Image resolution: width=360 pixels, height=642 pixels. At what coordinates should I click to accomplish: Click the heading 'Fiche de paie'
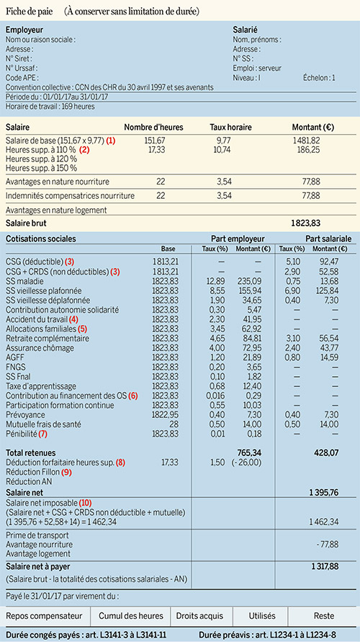pos(30,12)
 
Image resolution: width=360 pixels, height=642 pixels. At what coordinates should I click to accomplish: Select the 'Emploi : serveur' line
pos(257,68)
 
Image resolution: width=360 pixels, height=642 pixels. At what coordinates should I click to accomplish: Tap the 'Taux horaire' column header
pos(230,128)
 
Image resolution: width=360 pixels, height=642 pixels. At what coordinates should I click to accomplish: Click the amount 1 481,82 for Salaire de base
pos(306,141)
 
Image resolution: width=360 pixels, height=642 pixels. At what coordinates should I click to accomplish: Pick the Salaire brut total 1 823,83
pos(305,223)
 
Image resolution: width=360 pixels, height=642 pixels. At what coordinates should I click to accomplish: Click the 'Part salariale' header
pos(328,238)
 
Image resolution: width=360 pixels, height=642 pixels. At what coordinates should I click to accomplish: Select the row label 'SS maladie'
pos(24,281)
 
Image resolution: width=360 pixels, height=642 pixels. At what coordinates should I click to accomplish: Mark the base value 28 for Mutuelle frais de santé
pos(175,424)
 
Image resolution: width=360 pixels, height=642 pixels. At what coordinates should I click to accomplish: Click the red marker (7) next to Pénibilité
pos(43,434)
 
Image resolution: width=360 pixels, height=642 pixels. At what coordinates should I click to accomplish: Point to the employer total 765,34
pos(249,452)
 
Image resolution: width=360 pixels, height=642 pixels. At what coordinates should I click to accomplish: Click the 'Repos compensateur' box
pos(44,616)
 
